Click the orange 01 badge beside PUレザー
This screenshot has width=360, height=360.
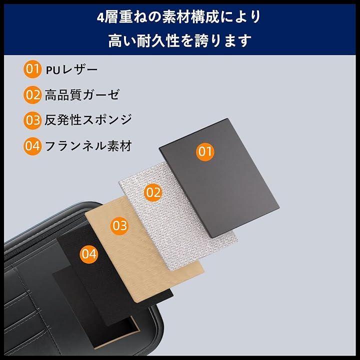[32, 69]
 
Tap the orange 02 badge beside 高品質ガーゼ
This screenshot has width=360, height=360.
[32, 95]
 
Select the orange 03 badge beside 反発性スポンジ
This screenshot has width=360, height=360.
[32, 120]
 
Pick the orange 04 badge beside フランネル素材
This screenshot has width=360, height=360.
[32, 146]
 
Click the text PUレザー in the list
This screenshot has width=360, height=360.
[71, 70]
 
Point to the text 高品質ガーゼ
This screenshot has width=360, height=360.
[82, 95]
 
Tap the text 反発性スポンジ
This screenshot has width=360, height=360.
[88, 120]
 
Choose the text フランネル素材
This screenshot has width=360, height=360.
[88, 146]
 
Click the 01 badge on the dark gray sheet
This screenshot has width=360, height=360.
[205, 151]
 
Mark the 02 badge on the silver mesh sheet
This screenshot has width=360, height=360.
[153, 192]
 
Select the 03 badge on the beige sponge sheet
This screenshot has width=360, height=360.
[119, 225]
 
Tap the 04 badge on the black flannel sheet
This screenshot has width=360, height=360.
[89, 254]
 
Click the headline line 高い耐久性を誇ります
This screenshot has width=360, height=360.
[180, 41]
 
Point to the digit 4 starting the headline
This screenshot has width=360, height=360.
[100, 17]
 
